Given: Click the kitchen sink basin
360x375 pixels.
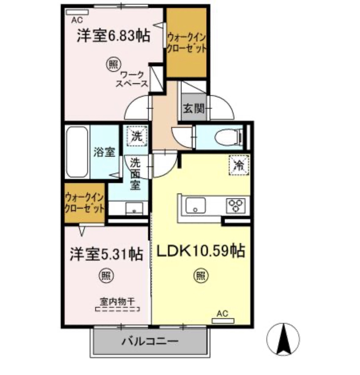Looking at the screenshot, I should (196, 205).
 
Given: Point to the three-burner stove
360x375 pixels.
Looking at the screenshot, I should (236, 205).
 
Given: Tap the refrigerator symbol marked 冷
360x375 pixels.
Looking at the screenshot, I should (239, 165).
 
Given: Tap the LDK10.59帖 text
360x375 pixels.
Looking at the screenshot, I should (201, 251).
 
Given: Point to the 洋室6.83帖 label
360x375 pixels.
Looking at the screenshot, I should (113, 36).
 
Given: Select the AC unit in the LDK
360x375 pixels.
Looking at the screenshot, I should (223, 321).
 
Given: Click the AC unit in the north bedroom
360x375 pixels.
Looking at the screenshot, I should (77, 12).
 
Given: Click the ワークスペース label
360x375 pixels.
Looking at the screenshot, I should (132, 79).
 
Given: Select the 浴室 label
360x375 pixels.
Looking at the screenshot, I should (104, 152).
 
